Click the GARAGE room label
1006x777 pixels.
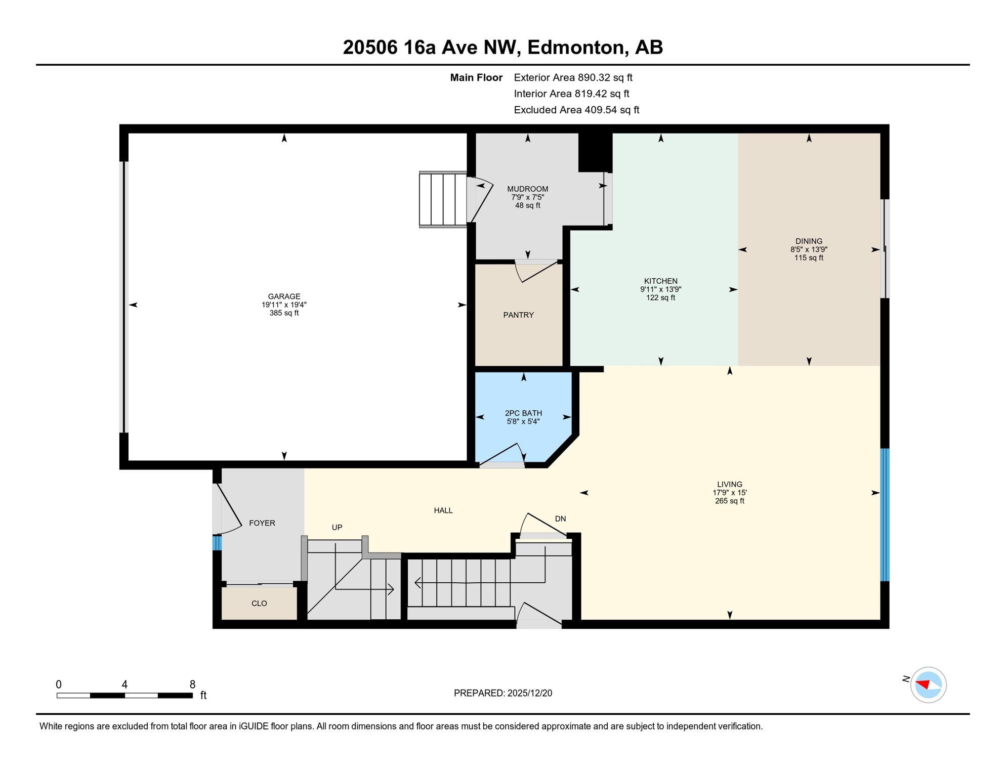284,296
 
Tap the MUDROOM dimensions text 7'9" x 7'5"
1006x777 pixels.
527,197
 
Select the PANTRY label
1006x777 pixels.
518,315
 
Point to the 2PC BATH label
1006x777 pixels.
523,413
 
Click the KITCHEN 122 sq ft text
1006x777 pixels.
660,298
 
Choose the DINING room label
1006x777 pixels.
809,241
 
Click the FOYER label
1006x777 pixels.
262,523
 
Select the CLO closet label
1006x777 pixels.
259,603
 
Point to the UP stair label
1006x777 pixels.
337,528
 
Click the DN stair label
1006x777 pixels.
560,519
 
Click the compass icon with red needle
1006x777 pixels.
928,685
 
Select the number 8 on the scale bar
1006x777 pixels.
192,684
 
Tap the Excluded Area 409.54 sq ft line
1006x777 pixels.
576,110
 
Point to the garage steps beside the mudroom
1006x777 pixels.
443,199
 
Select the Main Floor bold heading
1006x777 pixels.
476,77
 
